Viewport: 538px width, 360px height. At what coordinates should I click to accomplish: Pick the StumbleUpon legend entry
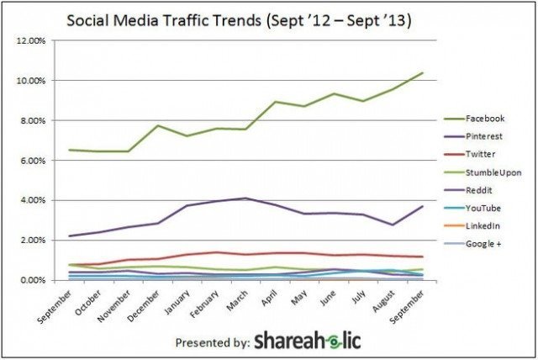[492, 172]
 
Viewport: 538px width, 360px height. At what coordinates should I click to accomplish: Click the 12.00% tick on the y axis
[30, 40]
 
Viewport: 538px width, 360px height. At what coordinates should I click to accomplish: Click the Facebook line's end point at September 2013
[422, 73]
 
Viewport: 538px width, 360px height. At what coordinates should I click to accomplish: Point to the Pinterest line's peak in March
[245, 199]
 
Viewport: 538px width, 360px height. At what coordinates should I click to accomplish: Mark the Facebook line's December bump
[157, 126]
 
